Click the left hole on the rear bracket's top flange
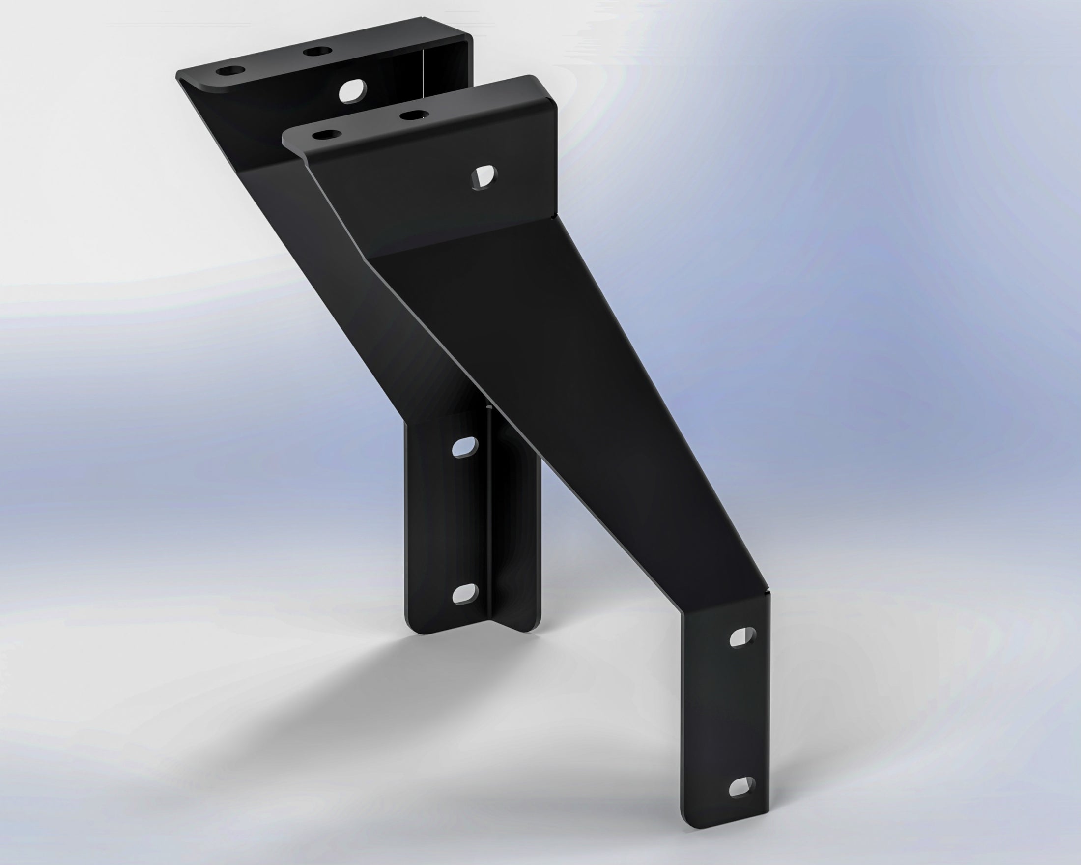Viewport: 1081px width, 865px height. point(228,71)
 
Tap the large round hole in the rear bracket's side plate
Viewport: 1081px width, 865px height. point(352,91)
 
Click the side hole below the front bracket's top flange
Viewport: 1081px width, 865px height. point(484,177)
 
